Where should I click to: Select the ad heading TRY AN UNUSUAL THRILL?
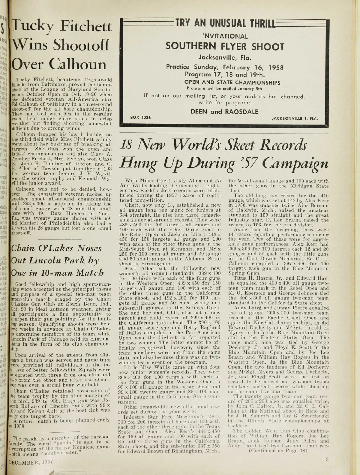(x=225, y=22)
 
